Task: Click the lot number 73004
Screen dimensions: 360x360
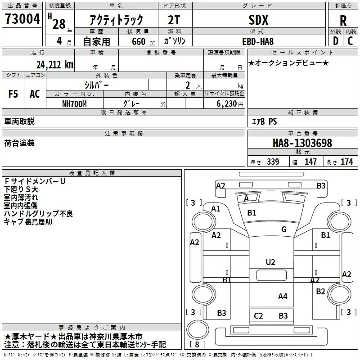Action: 22,19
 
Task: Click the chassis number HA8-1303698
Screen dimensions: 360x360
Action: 302,143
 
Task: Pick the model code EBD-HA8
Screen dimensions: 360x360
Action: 258,40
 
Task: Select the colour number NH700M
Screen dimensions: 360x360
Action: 75,103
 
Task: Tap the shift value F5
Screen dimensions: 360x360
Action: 13,94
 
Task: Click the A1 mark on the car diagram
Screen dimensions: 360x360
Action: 216,208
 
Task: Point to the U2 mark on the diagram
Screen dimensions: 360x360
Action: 270,262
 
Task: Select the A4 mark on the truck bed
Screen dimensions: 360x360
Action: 283,296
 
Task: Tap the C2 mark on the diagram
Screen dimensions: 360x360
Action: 258,316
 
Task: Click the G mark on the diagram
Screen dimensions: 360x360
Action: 284,229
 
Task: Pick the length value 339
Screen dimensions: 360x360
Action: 273,162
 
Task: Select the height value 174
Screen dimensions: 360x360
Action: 347,162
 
